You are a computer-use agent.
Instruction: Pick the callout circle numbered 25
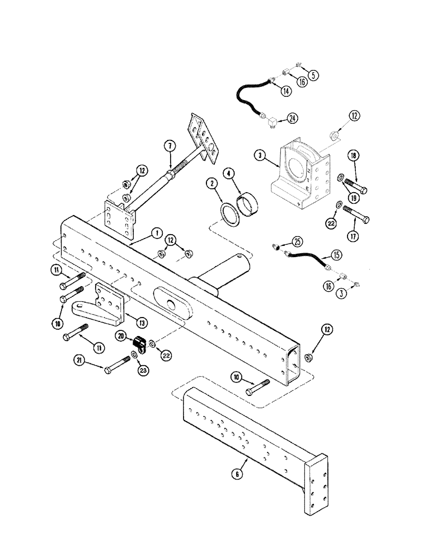click(x=297, y=241)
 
